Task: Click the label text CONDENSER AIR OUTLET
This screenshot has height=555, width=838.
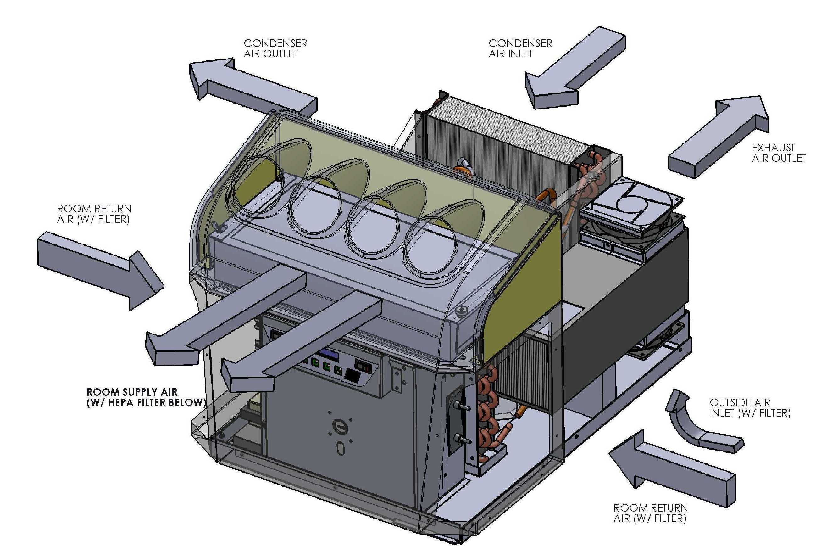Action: click(x=275, y=48)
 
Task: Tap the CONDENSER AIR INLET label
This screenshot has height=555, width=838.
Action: click(x=520, y=48)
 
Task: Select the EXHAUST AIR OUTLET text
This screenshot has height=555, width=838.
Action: click(x=779, y=153)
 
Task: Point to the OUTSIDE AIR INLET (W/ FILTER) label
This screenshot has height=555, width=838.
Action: click(x=750, y=408)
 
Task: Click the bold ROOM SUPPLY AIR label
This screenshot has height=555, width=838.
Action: click(x=146, y=397)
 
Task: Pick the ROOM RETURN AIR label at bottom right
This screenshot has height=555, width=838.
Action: click(x=650, y=513)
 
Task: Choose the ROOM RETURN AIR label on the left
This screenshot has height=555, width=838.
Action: click(x=94, y=214)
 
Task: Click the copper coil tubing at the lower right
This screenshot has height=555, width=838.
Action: click(x=488, y=414)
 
